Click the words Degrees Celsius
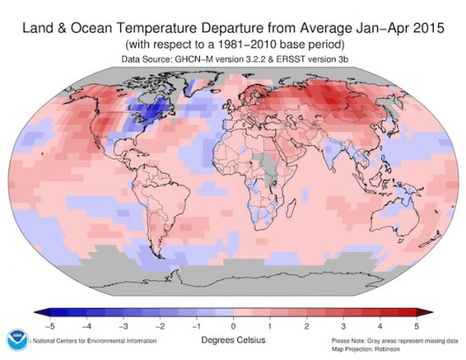point(233,341)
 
